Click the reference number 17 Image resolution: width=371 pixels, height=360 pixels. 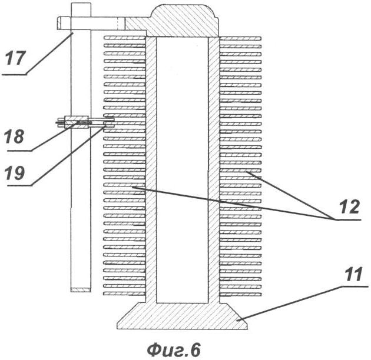coord(15,58)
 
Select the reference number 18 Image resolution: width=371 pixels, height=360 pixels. coord(14,136)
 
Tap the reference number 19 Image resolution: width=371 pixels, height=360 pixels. coord(15,173)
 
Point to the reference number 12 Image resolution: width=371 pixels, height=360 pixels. coord(349,206)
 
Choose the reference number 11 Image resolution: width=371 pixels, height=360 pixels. coord(353,275)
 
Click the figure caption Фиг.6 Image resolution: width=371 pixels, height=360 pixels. coord(174,350)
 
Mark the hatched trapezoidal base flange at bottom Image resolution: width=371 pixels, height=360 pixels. coord(182,316)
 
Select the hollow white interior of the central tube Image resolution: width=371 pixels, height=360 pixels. coord(182,170)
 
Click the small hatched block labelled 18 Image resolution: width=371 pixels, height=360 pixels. coord(77,122)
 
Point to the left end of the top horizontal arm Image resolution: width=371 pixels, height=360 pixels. coord(57,23)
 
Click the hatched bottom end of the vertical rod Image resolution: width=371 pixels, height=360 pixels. coord(81,289)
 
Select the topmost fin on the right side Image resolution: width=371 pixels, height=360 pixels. coord(240,38)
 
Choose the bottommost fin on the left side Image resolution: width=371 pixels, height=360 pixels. coord(124,294)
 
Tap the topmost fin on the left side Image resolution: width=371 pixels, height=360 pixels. coord(125,38)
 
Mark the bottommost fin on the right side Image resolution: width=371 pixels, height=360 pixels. coord(240,295)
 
